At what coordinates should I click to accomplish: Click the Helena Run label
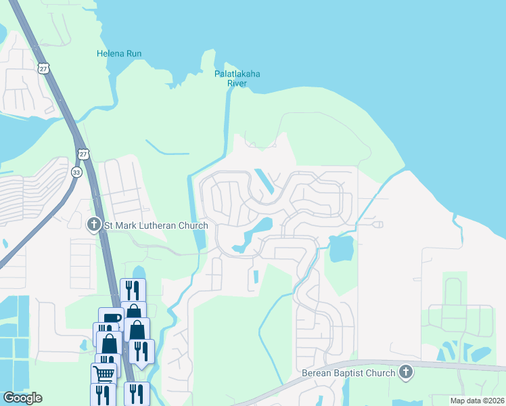tap(119, 53)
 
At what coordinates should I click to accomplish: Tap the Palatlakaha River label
tap(237, 78)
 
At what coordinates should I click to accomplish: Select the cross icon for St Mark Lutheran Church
tap(94, 224)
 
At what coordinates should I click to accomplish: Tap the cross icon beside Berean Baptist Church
tap(405, 371)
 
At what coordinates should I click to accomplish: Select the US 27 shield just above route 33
tap(82, 154)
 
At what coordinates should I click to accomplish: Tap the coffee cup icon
tap(112, 319)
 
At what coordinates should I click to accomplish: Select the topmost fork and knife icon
tap(133, 290)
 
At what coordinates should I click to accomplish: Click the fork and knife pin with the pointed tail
tap(141, 351)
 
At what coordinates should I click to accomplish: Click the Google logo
tap(22, 397)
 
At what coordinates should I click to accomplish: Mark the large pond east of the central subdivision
tap(342, 248)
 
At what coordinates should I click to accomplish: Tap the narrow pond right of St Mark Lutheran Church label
tap(198, 239)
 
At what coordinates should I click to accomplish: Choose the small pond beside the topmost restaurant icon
tap(139, 272)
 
